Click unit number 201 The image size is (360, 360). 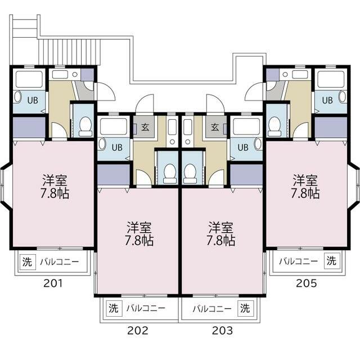pyautogui.click(x=53, y=283)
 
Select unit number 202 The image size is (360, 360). pyautogui.click(x=137, y=330)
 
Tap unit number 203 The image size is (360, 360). pyautogui.click(x=222, y=330)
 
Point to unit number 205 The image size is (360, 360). pyautogui.click(x=307, y=283)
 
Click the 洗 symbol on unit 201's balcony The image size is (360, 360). pyautogui.click(x=26, y=261)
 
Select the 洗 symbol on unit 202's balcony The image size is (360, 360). pyautogui.click(x=113, y=308)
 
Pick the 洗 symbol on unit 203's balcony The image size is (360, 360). pyautogui.click(x=245, y=308)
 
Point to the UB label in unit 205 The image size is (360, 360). pyautogui.click(x=327, y=102)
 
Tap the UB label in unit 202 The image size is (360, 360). pyautogui.click(x=116, y=148)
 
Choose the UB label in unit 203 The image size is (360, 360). pyautogui.click(x=242, y=148)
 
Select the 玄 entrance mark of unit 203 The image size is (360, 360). pyautogui.click(x=215, y=128)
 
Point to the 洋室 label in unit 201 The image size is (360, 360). pyautogui.click(x=54, y=181)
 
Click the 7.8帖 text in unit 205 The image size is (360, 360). pyautogui.click(x=305, y=193)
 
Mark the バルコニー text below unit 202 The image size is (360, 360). pyautogui.click(x=145, y=308)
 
